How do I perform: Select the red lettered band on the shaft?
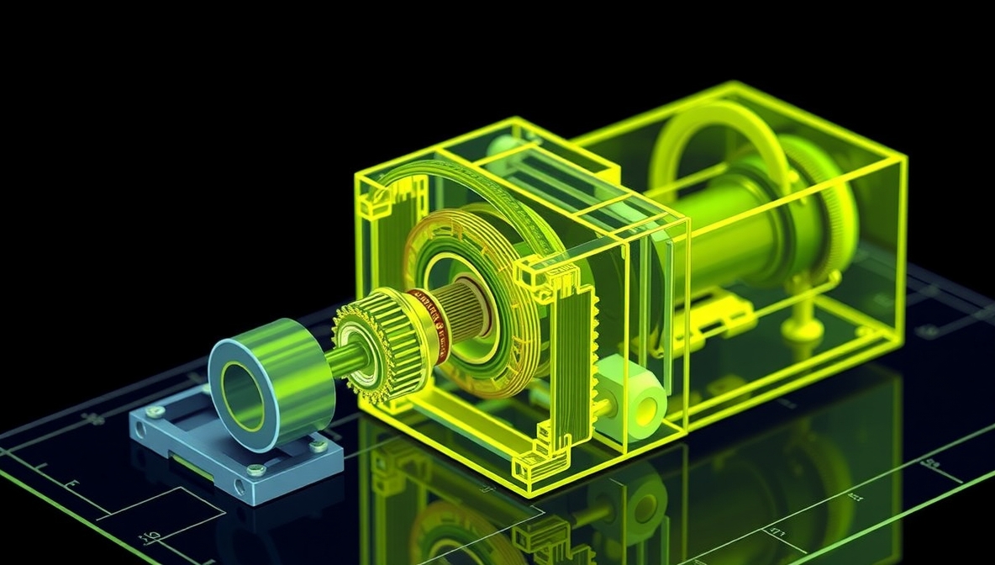pyautogui.click(x=429, y=322)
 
